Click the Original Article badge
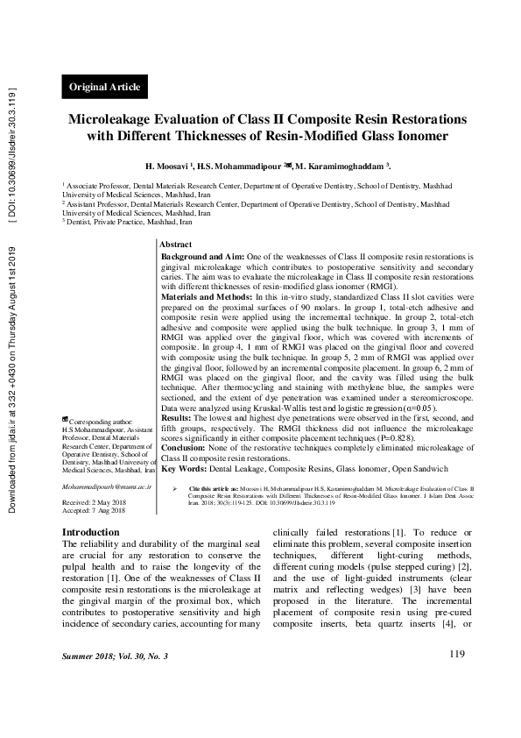coord(105,87)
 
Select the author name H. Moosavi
coord(169,166)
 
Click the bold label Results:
coord(179,420)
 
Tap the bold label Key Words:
coord(186,469)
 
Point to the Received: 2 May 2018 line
coord(94,501)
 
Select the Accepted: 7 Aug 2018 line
coord(94,510)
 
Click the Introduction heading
coord(90,532)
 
